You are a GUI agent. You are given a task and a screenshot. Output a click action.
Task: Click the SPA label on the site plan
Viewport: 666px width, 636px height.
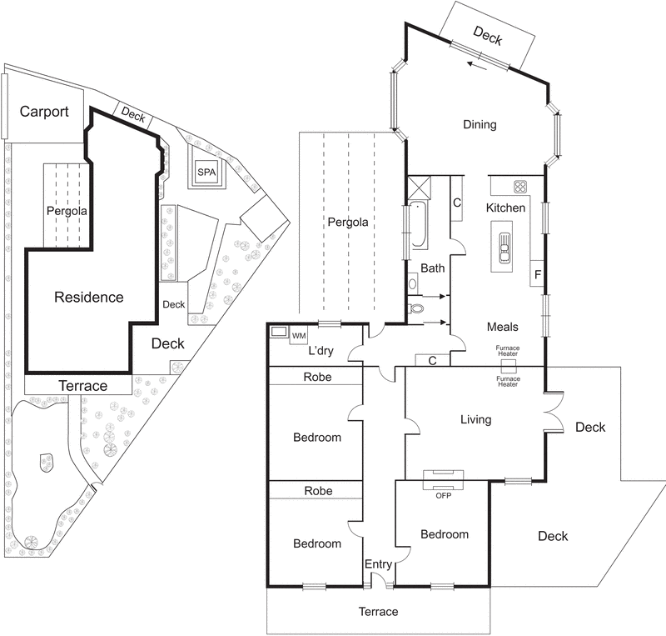206,172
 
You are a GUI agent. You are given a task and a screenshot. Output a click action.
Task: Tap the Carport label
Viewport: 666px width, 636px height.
44,112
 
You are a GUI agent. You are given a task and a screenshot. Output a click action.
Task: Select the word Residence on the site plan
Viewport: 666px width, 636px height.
88,297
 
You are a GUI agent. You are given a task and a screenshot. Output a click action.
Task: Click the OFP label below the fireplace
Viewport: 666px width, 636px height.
443,495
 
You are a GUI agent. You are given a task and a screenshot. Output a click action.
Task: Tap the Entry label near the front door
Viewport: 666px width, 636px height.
378,564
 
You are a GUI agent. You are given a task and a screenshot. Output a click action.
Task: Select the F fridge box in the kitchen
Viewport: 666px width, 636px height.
537,273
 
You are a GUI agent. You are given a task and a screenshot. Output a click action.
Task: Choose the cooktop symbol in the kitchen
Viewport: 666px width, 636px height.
521,186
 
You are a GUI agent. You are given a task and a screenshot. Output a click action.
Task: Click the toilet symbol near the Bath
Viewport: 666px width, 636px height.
416,308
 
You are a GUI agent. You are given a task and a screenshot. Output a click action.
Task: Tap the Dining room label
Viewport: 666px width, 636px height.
480,125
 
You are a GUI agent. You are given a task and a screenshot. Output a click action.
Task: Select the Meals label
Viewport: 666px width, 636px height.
502,328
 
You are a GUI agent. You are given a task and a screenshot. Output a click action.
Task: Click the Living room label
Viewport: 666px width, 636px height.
475,419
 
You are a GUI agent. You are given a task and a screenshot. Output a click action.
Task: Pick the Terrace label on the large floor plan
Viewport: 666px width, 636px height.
378,612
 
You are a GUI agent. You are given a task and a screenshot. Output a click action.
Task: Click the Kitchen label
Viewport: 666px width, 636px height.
505,208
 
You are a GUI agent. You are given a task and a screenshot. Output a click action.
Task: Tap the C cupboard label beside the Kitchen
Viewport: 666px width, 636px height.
457,202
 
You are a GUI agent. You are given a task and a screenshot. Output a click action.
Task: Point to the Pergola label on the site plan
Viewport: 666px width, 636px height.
66,211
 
